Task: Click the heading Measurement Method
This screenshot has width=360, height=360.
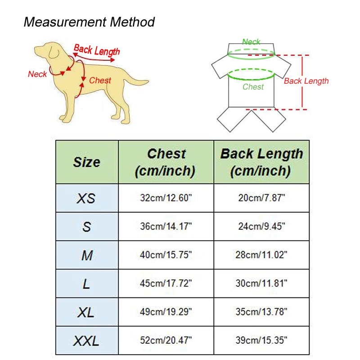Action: click(x=89, y=22)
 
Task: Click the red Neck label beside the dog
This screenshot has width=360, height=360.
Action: click(x=37, y=74)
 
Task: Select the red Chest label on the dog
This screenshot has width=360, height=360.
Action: click(x=100, y=81)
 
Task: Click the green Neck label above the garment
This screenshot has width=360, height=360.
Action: click(x=251, y=42)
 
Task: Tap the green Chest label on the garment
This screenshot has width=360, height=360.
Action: click(x=253, y=87)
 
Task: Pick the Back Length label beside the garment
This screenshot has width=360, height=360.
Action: click(x=306, y=81)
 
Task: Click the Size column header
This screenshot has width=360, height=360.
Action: click(x=87, y=162)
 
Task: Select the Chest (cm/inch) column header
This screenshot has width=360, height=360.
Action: click(x=166, y=162)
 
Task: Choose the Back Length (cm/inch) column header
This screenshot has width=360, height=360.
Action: click(x=261, y=162)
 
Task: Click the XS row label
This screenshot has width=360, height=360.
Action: click(x=87, y=198)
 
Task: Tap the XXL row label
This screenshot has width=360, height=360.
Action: click(x=87, y=341)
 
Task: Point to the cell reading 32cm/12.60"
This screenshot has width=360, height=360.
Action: click(x=166, y=198)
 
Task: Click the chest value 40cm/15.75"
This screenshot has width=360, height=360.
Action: click(x=166, y=255)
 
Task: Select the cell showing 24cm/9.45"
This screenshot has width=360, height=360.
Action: click(x=261, y=226)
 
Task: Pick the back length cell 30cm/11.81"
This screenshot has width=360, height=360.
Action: click(x=261, y=283)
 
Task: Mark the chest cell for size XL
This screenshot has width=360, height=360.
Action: click(x=166, y=312)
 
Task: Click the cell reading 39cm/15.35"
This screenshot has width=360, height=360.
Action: click(x=261, y=341)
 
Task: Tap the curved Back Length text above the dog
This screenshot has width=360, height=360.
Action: click(x=97, y=50)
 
